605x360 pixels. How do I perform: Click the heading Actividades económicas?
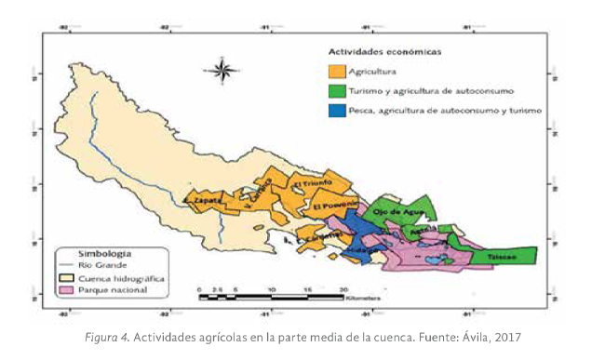tap(384, 51)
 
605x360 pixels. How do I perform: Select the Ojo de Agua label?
tap(392, 212)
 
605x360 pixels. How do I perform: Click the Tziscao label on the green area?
tap(504, 253)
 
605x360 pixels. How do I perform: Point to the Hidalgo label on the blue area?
tap(362, 250)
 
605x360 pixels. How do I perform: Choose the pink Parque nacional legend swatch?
tap(67, 290)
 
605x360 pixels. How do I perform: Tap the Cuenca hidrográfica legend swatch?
tap(67, 277)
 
